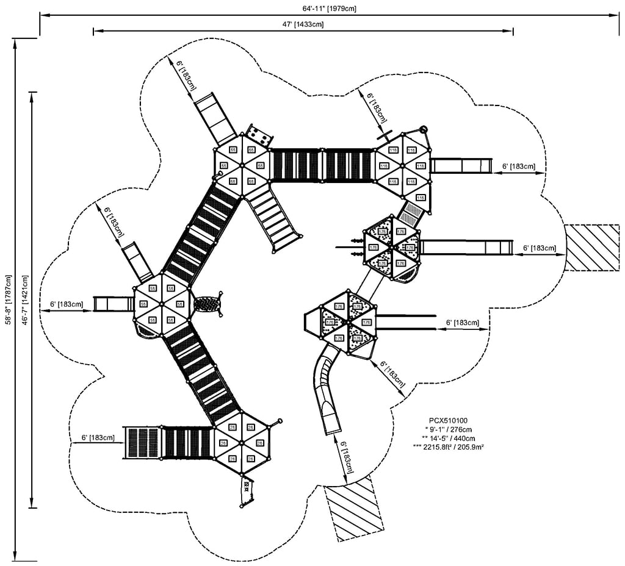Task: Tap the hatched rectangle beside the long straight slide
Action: coord(591,248)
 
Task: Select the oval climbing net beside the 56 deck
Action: coord(208,304)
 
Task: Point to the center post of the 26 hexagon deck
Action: coord(242,443)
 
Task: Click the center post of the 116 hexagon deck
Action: coord(403,165)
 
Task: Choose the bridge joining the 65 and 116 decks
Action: coord(322,165)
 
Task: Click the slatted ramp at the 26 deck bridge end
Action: coord(142,442)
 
